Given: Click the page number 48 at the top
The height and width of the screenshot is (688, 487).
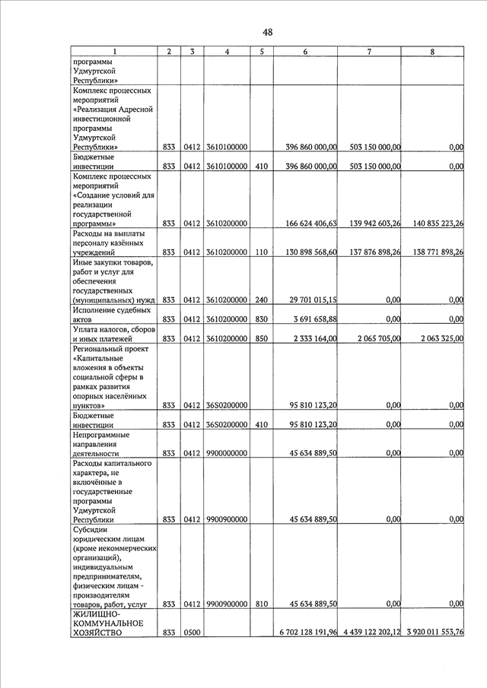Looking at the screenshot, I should click(268, 32).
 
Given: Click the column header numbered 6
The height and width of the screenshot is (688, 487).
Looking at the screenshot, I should click(305, 52).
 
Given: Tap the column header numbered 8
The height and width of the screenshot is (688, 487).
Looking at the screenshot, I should click(432, 52).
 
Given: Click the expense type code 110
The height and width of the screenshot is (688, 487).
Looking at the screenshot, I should click(261, 252).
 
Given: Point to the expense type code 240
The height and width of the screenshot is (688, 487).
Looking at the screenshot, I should click(261, 300).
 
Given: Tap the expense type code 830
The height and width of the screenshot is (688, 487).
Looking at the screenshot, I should click(261, 319).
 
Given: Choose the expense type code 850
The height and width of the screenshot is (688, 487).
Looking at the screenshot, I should click(261, 338).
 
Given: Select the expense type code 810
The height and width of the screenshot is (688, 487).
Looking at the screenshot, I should click(261, 604).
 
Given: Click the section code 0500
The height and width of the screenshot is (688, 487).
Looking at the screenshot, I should click(192, 633).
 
